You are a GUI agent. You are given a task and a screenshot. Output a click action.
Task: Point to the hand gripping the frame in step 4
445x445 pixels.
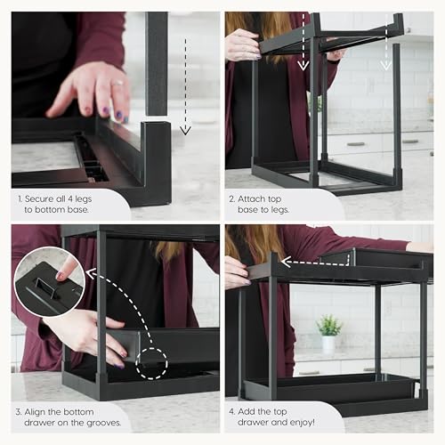(x=236, y=270)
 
